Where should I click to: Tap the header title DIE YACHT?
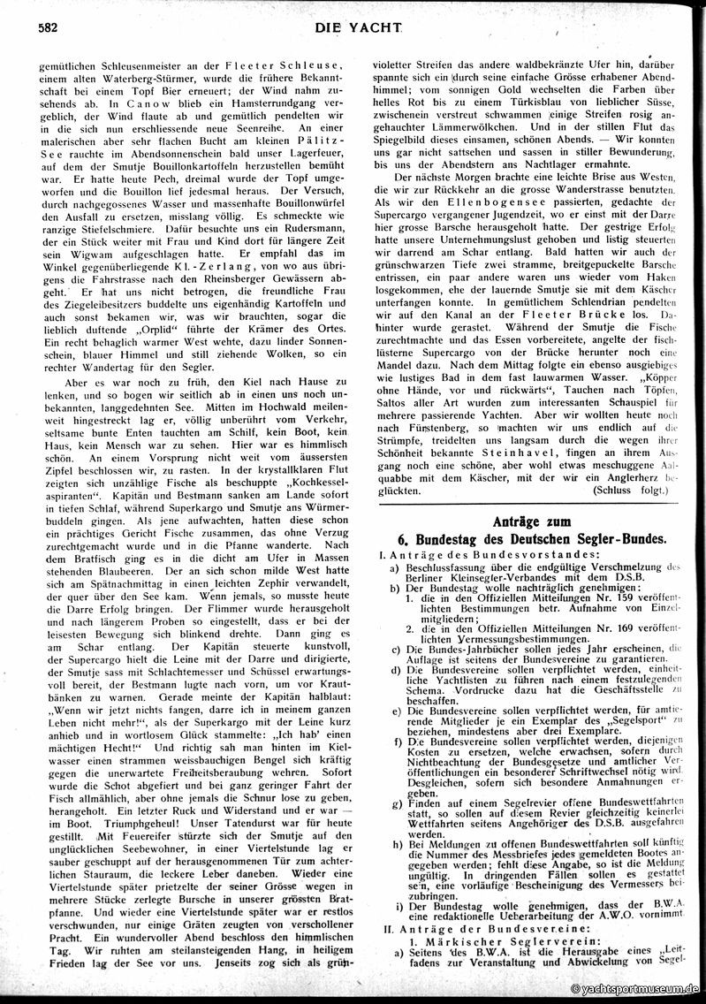356,28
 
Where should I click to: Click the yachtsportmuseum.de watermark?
635,990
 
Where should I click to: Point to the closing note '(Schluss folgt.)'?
635,488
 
